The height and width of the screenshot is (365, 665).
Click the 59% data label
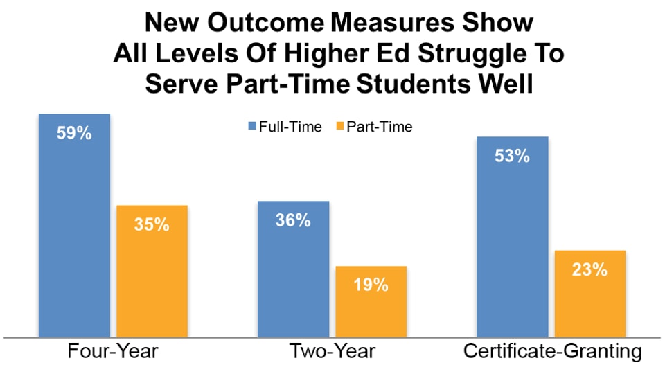[x=74, y=132]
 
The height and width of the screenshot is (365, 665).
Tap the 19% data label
[x=371, y=285]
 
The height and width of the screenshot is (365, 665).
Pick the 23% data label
[x=590, y=269]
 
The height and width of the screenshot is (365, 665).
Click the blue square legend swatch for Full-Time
[x=252, y=127]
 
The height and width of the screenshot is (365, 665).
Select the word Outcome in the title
[x=257, y=23]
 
